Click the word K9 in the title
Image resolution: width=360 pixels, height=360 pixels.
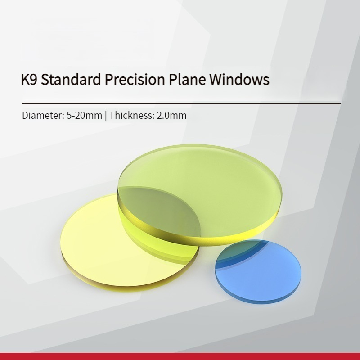pos(29,80)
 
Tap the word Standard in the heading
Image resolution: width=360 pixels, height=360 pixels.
pos(71,79)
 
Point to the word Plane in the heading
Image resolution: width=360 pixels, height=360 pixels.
pos(187,79)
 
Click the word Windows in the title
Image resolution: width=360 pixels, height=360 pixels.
pos(239,79)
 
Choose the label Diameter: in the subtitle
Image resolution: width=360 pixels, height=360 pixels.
pos(43,115)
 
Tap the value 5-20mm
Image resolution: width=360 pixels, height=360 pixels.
pos(85,115)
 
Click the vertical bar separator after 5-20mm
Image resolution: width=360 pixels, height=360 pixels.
pos(106,116)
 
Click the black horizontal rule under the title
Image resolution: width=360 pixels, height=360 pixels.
pos(181,104)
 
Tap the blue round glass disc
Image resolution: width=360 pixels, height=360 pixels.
pos(258,271)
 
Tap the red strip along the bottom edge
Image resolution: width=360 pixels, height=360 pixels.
pos(180,356)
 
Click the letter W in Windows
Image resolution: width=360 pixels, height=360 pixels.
pos(216,80)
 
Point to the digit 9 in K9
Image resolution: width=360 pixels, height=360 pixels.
pos(34,80)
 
